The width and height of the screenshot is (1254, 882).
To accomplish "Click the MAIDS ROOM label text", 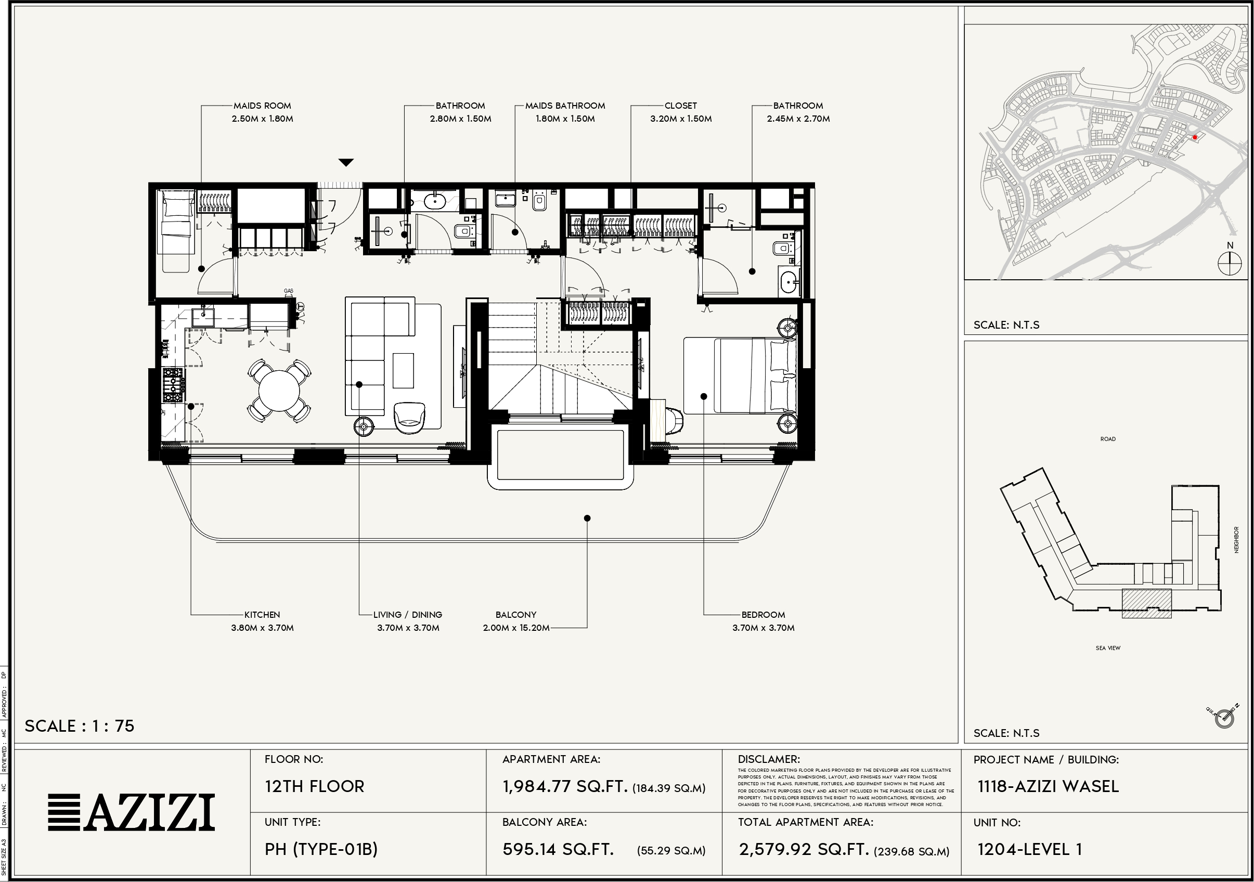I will click(x=262, y=106).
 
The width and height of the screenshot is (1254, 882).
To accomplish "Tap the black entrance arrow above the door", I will click(x=346, y=162).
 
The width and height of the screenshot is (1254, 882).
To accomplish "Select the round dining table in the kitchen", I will click(x=279, y=391).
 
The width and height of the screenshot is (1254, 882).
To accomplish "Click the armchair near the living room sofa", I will click(x=409, y=418).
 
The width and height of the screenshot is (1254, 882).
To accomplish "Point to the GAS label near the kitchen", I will click(x=288, y=291).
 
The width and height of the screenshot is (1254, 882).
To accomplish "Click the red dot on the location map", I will click(x=1195, y=137).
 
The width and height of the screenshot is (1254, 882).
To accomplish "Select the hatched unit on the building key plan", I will click(x=1146, y=603).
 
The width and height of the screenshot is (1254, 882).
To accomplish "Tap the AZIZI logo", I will click(x=131, y=812).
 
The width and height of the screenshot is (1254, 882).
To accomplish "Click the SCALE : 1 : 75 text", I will click(x=80, y=726).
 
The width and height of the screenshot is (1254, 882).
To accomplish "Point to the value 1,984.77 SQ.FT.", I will click(x=565, y=786).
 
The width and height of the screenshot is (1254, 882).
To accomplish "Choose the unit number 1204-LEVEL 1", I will click(x=1029, y=849).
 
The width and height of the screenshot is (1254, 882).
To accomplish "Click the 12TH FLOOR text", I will click(x=314, y=786).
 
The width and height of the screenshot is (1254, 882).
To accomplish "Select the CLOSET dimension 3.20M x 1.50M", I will click(x=680, y=119).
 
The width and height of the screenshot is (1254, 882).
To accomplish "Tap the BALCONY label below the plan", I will click(x=515, y=614).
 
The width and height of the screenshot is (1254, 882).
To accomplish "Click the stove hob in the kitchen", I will click(x=174, y=385).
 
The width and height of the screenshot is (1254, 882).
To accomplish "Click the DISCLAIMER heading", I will click(x=768, y=759).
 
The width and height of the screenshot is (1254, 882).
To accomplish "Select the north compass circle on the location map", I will click(x=1230, y=265).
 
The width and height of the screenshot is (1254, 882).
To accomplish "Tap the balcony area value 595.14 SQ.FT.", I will click(x=558, y=849).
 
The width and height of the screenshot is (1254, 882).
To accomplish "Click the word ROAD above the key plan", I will click(x=1108, y=439).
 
